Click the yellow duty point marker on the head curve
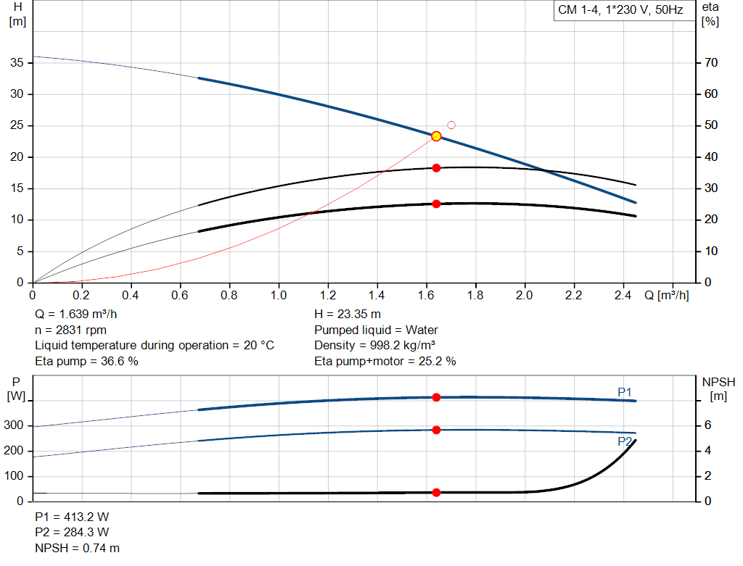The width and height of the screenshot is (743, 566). [436, 136]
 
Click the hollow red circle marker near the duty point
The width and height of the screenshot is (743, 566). [451, 125]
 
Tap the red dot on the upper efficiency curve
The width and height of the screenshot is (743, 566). [436, 168]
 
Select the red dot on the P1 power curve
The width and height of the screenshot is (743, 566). [436, 397]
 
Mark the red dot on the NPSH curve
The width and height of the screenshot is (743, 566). [436, 493]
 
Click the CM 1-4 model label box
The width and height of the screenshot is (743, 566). [620, 10]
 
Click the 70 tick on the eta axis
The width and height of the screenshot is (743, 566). [710, 63]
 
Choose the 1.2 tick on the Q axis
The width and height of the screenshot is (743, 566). [327, 296]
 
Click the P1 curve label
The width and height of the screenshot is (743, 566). [625, 392]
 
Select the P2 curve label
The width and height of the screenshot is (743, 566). [625, 441]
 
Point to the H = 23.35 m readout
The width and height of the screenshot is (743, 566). [348, 315]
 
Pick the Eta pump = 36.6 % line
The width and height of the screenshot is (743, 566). [86, 361]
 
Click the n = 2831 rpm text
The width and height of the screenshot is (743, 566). [70, 330]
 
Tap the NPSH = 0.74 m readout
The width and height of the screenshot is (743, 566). [78, 549]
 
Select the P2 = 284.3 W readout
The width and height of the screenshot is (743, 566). [72, 533]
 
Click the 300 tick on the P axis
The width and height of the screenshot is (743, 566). [15, 425]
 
